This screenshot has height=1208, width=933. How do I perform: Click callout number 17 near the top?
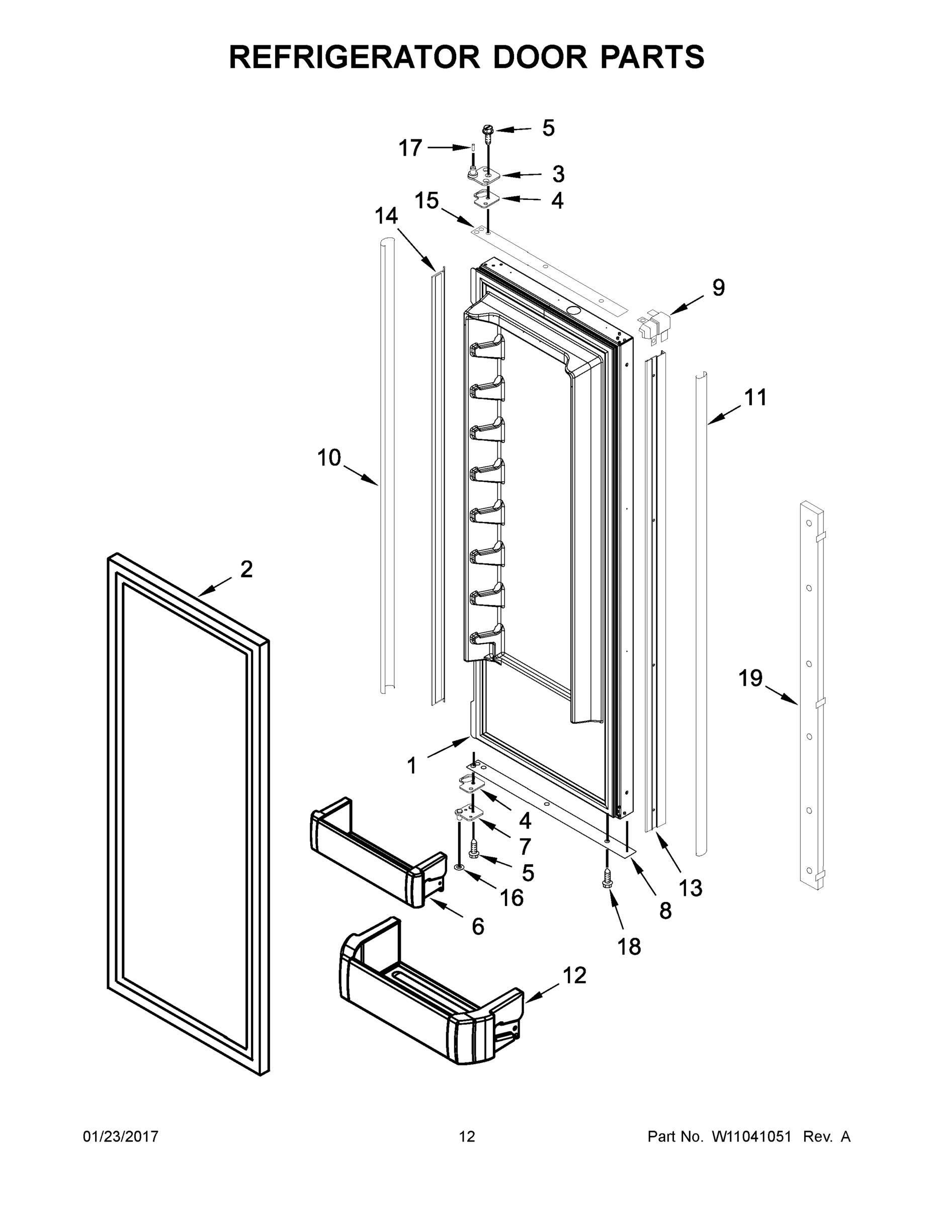tap(410, 148)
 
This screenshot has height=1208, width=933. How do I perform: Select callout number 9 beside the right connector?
tap(718, 287)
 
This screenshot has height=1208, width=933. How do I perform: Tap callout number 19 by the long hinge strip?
tap(750, 678)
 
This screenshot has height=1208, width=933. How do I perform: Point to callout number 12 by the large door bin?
tap(574, 975)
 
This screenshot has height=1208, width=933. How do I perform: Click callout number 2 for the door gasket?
tap(246, 569)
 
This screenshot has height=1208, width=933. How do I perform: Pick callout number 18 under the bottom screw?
tap(629, 947)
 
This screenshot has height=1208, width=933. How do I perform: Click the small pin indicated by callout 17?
tap(474, 148)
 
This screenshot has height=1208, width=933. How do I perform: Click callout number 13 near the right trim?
tap(691, 888)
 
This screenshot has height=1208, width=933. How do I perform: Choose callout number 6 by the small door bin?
tap(478, 927)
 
